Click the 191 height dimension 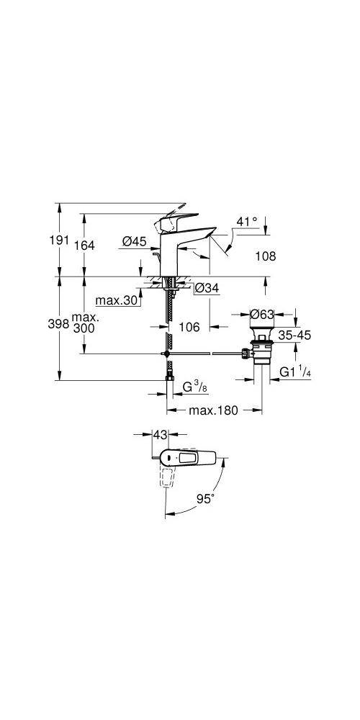[x=59, y=240]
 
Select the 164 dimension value [x=84, y=246]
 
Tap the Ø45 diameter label [x=134, y=240]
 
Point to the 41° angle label [x=247, y=221]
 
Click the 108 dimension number [x=266, y=256]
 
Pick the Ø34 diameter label [x=207, y=289]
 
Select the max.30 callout [x=117, y=301]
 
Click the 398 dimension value [x=58, y=324]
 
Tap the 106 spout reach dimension [x=189, y=326]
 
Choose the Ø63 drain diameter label [x=262, y=314]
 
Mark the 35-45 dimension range [x=294, y=336]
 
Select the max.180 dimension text [x=214, y=410]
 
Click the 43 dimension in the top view [x=160, y=433]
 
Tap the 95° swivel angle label [x=205, y=499]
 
